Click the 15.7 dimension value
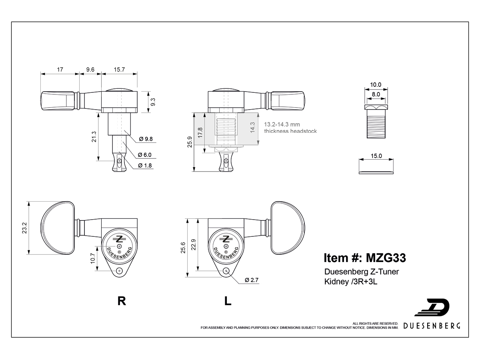click(119, 70)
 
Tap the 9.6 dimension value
click(90, 70)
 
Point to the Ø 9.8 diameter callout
click(146, 139)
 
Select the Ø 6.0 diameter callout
click(145, 155)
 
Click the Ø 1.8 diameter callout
click(145, 166)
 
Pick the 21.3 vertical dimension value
click(94, 137)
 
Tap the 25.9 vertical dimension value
click(190, 142)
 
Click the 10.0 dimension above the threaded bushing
click(376, 84)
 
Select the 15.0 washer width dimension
click(376, 156)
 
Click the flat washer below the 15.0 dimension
click(376, 172)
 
